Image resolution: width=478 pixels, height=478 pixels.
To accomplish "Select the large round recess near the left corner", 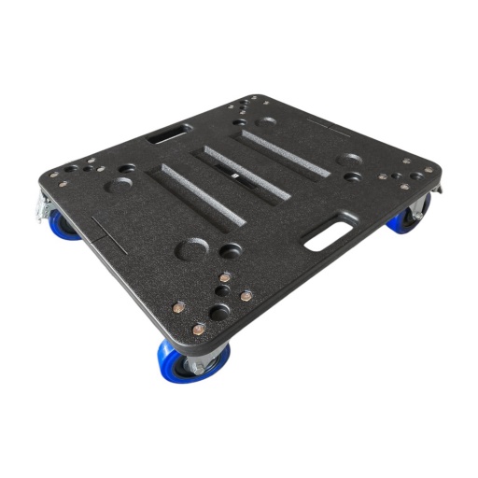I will (120, 184).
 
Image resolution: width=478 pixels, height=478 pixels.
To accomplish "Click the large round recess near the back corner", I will (267, 120).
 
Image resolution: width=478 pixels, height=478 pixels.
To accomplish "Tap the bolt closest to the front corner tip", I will (200, 328).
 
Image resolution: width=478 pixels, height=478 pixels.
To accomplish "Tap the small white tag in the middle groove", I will (237, 175).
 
